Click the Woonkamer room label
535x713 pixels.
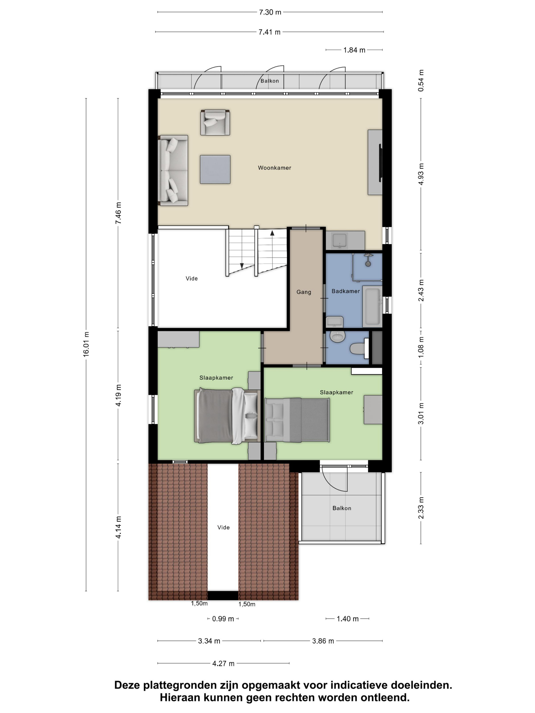pyautogui.click(x=274, y=168)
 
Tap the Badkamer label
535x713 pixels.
pyautogui.click(x=345, y=291)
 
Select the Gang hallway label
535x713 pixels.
pyautogui.click(x=303, y=292)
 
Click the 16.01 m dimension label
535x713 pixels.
pyautogui.click(x=86, y=344)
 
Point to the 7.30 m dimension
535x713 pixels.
pyautogui.click(x=270, y=12)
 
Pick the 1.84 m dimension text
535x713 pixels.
pyautogui.click(x=354, y=50)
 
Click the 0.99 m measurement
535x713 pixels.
pyautogui.click(x=223, y=619)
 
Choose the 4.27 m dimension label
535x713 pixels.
pyautogui.click(x=223, y=663)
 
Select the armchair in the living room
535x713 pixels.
pyautogui.click(x=215, y=122)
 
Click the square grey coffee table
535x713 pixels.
pyautogui.click(x=215, y=170)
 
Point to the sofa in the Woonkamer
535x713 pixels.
pyautogui.click(x=172, y=170)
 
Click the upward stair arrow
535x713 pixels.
pyautogui.click(x=272, y=233)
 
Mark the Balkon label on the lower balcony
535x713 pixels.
pyautogui.click(x=342, y=508)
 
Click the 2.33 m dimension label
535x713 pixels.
pyautogui.click(x=421, y=508)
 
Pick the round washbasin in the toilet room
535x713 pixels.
pyautogui.click(x=338, y=337)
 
